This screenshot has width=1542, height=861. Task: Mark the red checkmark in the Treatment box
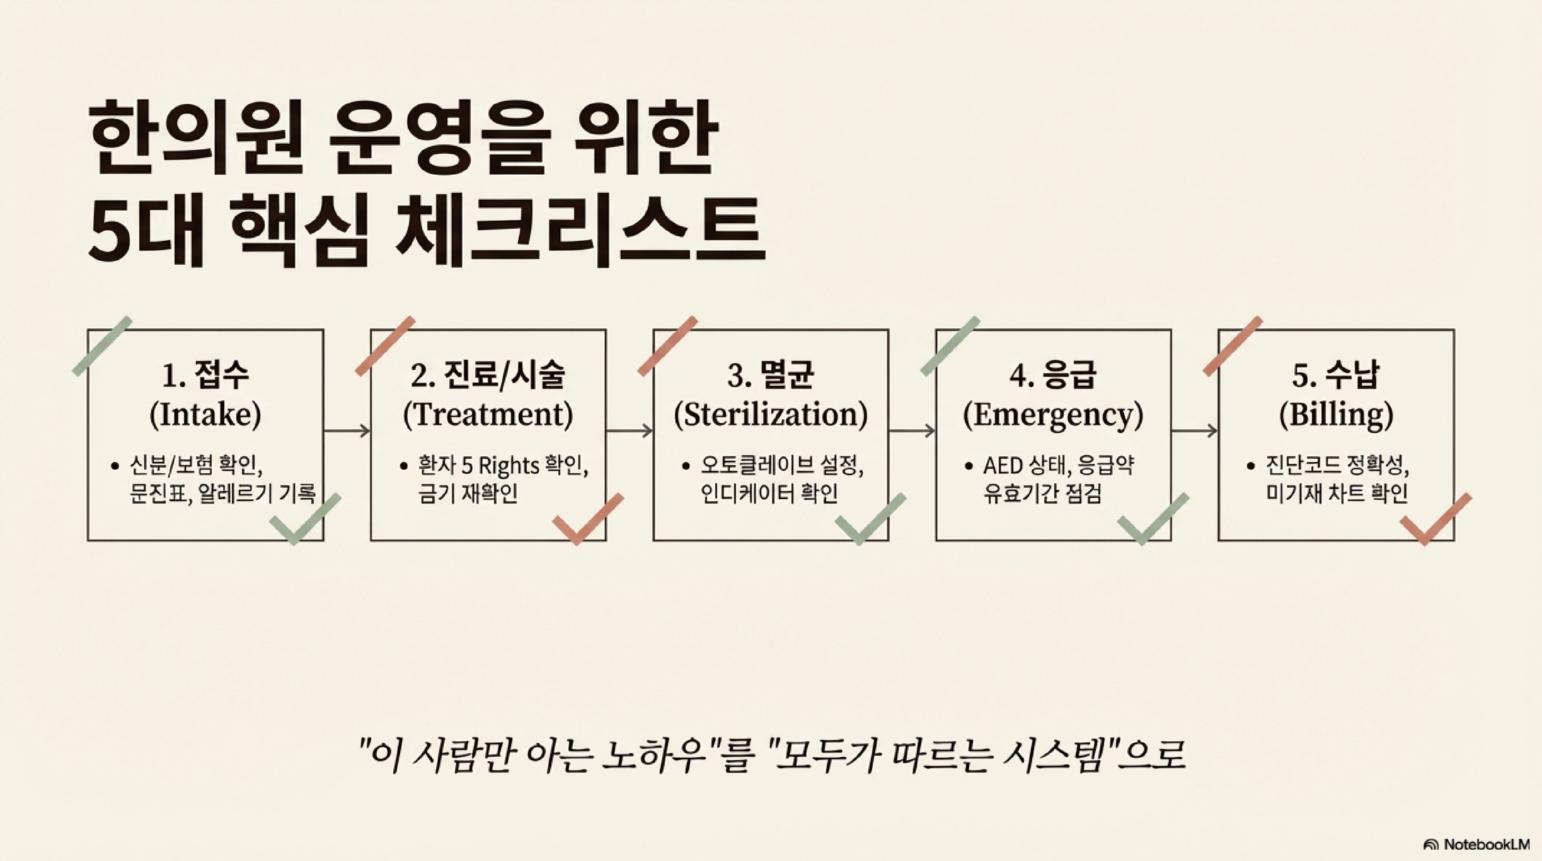[x=586, y=520]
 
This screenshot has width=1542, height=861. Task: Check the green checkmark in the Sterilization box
[x=869, y=520]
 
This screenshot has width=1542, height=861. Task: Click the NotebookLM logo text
[x=1485, y=844]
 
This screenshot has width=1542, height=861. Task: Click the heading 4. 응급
[x=1053, y=375]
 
